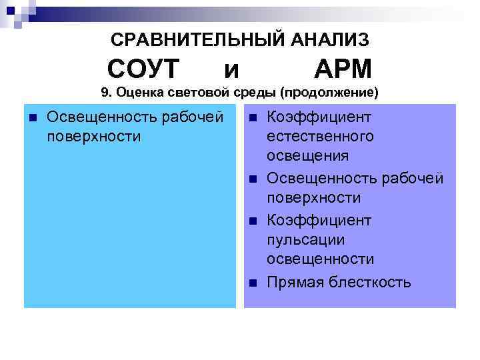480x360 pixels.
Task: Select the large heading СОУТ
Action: [x=144, y=69]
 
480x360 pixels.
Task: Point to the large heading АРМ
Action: [x=343, y=69]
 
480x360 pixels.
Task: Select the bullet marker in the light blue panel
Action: [x=31, y=118]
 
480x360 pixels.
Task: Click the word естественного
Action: [x=320, y=137]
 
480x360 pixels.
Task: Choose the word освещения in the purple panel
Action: [x=307, y=156]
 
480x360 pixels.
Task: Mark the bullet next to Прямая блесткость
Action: [x=253, y=283]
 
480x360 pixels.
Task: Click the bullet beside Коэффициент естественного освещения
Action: [x=253, y=118]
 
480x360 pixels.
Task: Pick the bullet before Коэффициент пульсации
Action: [x=253, y=221]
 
